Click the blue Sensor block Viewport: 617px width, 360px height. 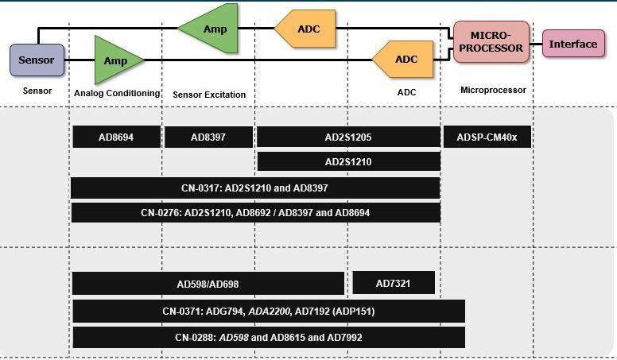pos(37,60)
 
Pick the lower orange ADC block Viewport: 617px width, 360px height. pos(404,60)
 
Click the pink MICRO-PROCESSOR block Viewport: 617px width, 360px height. pos(491,42)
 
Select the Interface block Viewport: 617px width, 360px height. pos(572,44)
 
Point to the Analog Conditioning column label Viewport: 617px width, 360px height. pos(117,93)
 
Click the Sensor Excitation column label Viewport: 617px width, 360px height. pos(209,95)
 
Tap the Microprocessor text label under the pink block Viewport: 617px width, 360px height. pos(493,91)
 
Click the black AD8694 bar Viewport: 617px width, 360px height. pos(116,137)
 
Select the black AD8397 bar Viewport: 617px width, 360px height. pos(208,137)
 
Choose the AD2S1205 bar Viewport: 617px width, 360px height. pos(348,137)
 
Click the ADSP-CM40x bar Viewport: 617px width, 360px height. pos(487,137)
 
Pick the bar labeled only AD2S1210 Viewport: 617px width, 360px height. pos(348,162)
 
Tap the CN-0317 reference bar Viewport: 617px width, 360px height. pos(254,188)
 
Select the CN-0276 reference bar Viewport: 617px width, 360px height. pos(254,213)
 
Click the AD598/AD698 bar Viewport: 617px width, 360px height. pos(208,284)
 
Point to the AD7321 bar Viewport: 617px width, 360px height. pos(393,283)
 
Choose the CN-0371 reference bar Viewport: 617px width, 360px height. pos(268,312)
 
